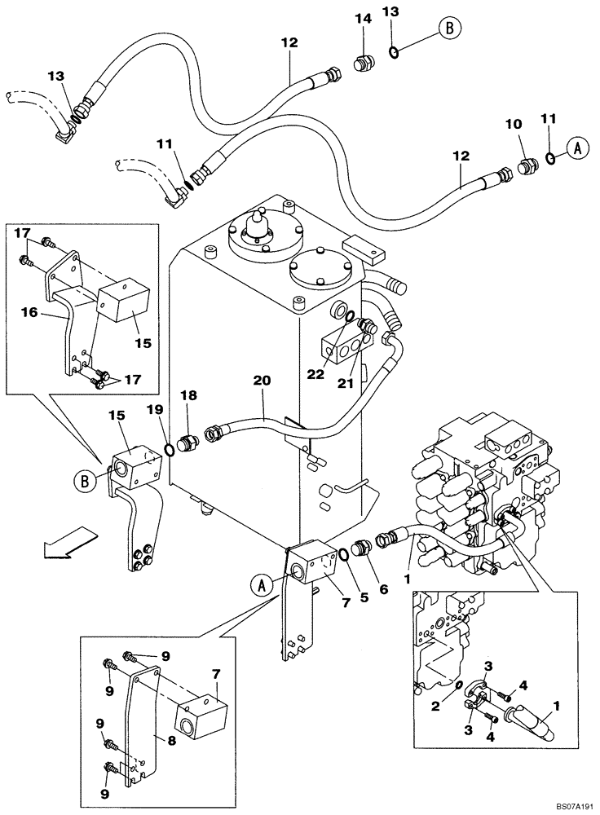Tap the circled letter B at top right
coord(448,29)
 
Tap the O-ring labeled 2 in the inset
coord(461,685)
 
